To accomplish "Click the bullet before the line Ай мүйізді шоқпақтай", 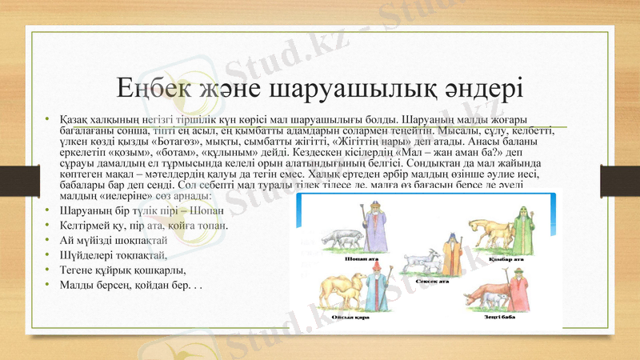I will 48,240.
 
